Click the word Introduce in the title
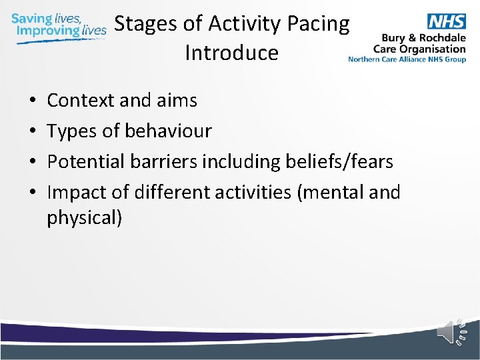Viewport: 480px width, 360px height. (x=231, y=53)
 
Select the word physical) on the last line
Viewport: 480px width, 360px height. (x=84, y=218)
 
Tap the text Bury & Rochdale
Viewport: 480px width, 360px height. (x=423, y=38)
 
